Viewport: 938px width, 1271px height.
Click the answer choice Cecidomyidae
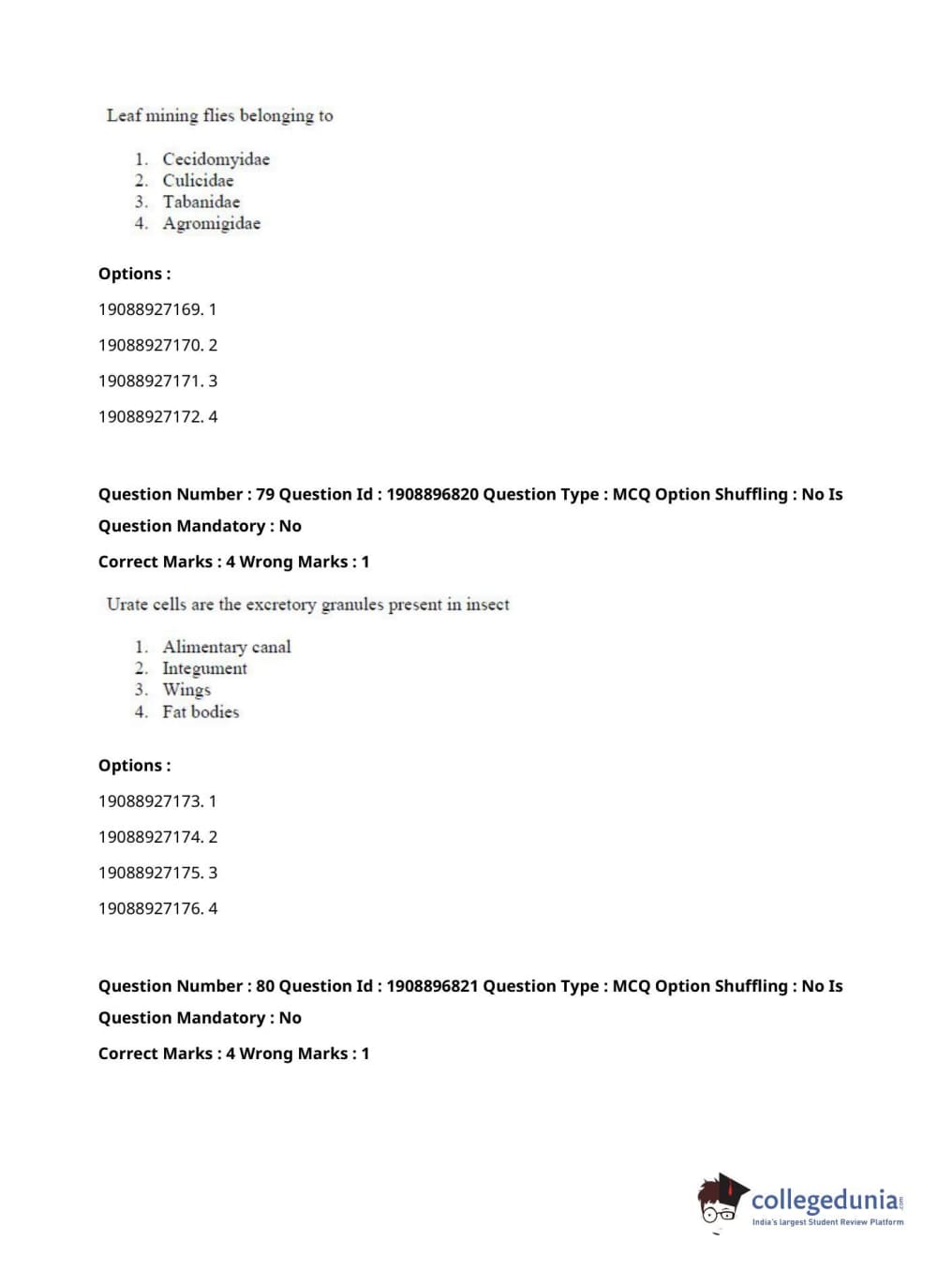pos(216,159)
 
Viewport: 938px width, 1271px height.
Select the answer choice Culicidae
pos(198,181)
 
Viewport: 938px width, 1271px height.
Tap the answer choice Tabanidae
pos(201,202)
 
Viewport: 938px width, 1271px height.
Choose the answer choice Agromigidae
pos(211,224)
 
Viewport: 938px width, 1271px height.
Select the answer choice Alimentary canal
pos(226,647)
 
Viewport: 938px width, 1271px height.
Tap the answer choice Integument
pos(204,668)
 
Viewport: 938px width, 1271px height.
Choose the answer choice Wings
pos(186,690)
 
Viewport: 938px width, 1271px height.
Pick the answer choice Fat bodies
pos(201,712)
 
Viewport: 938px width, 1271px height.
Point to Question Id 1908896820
pos(432,494)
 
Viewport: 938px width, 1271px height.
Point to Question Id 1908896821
pos(432,986)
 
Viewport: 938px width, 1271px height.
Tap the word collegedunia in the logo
pos(824,1200)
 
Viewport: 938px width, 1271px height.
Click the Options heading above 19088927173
pos(134,766)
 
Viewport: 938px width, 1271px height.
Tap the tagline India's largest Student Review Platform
pos(827,1222)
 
